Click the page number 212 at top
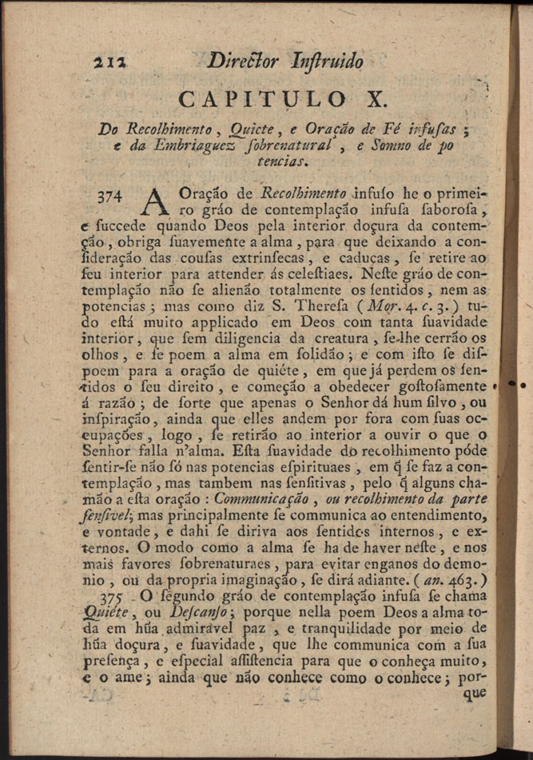(x=106, y=62)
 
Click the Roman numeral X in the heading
(x=374, y=100)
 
